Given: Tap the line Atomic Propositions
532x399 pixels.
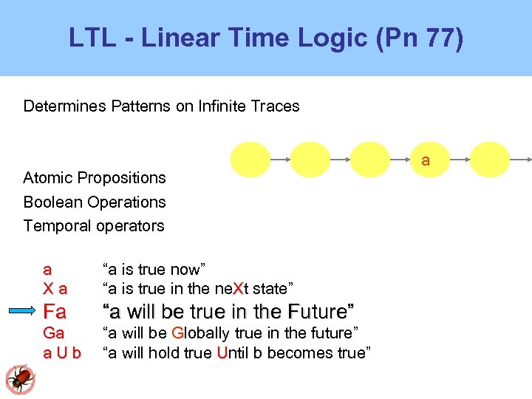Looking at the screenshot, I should click(x=95, y=178).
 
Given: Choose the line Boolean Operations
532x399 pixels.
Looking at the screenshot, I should click(x=95, y=202).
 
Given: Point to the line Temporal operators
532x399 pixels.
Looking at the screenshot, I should click(x=94, y=226).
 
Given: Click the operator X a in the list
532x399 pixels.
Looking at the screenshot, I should click(x=55, y=287).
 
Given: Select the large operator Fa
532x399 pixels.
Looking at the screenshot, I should click(x=55, y=311).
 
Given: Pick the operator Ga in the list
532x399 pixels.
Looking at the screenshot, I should click(x=54, y=333).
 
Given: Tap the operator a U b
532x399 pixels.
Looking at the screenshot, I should click(x=62, y=353).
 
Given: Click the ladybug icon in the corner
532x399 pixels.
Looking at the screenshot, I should click(x=21, y=379).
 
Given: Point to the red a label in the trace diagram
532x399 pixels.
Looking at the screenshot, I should click(x=426, y=160).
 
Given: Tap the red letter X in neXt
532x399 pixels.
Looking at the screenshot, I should click(x=238, y=287).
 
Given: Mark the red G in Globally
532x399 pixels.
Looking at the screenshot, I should click(x=177, y=333).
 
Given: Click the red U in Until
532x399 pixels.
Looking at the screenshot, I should click(x=222, y=353).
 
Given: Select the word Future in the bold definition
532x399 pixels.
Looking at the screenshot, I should click(x=318, y=311).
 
